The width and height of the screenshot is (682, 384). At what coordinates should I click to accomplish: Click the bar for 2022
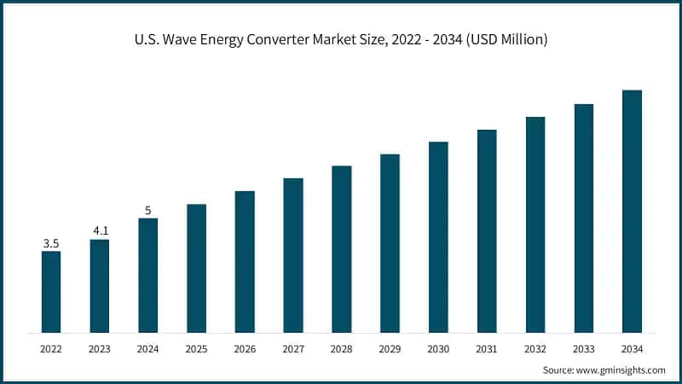pyautogui.click(x=51, y=291)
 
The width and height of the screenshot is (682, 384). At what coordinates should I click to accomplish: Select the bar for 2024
pyautogui.click(x=147, y=275)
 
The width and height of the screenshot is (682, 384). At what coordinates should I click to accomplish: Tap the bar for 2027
pyautogui.click(x=293, y=255)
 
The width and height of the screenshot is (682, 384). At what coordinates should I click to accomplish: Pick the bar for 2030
pyautogui.click(x=438, y=236)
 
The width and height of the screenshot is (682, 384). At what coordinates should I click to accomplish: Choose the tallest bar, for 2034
pyautogui.click(x=632, y=211)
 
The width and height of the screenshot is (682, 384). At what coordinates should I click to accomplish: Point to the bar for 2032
pyautogui.click(x=535, y=224)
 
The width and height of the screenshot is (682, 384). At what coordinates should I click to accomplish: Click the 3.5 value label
pyautogui.click(x=51, y=243)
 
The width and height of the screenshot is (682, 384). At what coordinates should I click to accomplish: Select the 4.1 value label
pyautogui.click(x=100, y=231)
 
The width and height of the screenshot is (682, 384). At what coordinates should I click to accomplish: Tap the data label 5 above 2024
pyautogui.click(x=147, y=210)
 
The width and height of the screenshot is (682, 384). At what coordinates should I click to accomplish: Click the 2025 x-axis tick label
pyautogui.click(x=196, y=348)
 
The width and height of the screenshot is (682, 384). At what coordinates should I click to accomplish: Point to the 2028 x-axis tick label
pyautogui.click(x=341, y=348)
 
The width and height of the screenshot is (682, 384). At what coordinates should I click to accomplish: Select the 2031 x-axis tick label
pyautogui.click(x=487, y=348)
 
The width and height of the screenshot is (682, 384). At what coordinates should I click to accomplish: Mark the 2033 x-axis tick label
pyautogui.click(x=583, y=348)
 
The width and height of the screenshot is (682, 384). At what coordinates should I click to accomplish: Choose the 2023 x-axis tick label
pyautogui.click(x=100, y=348)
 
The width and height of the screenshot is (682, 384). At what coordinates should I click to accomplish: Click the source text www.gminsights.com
pyautogui.click(x=621, y=369)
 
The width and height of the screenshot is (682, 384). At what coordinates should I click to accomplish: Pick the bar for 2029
pyautogui.click(x=390, y=243)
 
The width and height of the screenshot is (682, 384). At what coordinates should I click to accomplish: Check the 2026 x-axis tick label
pyautogui.click(x=245, y=348)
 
